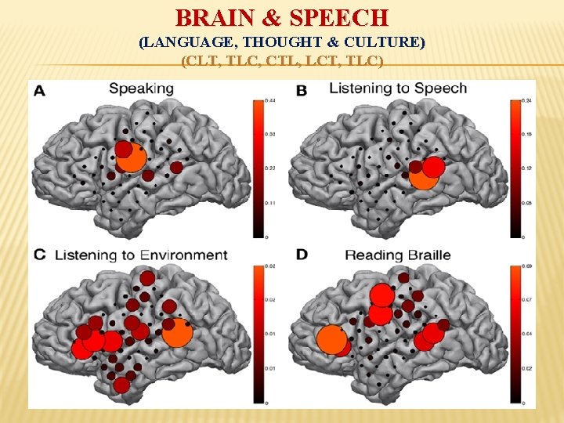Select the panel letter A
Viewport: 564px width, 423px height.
[38, 91]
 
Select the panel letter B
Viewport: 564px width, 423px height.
[301, 91]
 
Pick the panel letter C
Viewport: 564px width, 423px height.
[38, 255]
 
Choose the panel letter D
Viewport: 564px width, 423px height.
[302, 255]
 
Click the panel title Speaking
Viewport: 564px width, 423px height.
[141, 89]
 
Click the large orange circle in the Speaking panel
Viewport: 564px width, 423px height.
[132, 158]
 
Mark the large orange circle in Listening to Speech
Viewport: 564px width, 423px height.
[425, 176]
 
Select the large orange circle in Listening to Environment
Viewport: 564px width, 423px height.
[178, 332]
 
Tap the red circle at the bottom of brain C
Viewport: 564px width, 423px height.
[121, 385]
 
